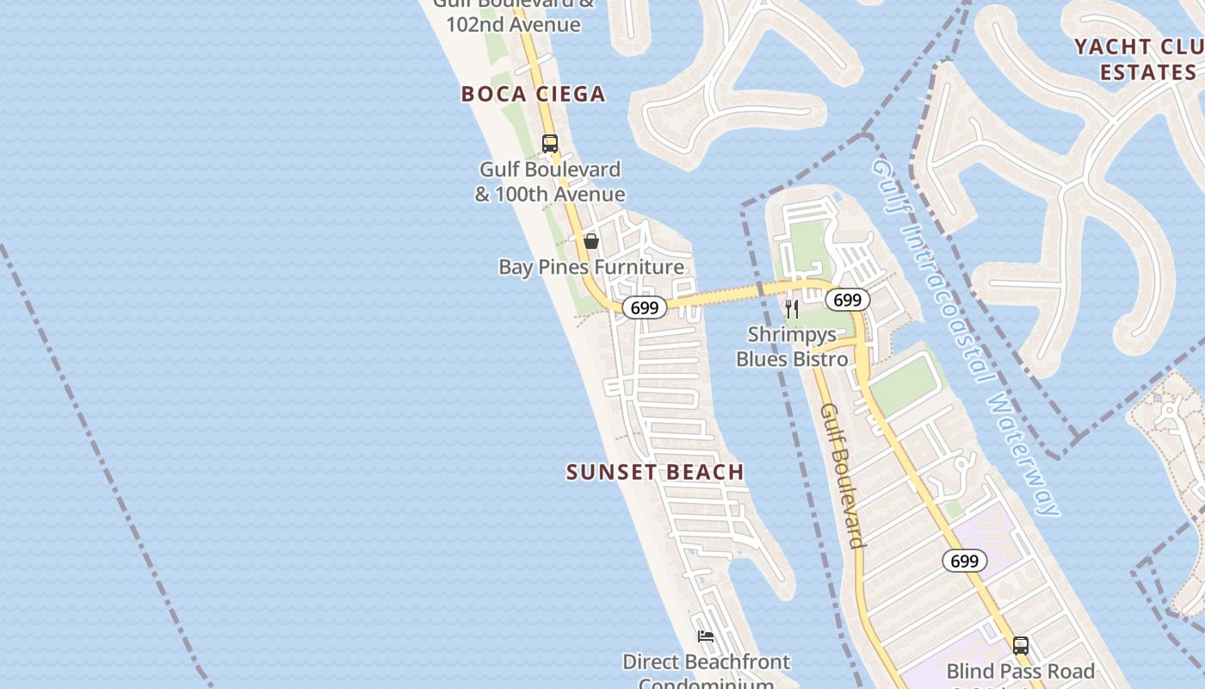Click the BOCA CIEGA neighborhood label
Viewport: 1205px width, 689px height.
[533, 94]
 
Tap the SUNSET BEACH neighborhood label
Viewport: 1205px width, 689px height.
[655, 472]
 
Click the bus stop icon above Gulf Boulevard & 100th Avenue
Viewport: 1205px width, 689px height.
[549, 144]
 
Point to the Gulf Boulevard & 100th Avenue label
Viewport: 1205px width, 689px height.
[550, 182]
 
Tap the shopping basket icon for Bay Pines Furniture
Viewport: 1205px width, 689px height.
[591, 241]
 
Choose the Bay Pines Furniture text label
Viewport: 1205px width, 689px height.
[591, 267]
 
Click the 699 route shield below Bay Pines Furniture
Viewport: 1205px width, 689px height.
[644, 307]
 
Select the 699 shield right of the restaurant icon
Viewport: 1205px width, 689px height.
[848, 300]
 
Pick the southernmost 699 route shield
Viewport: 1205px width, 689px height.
[965, 562]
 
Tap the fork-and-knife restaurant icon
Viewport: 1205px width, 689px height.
[792, 308]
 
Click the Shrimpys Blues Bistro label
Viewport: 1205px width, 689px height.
[792, 346]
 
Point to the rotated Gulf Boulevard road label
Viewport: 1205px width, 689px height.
[842, 475]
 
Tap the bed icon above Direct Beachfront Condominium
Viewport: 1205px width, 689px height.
[706, 636]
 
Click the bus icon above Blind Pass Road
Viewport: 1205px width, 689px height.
[1020, 645]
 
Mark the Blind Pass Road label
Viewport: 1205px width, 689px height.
[1020, 671]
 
